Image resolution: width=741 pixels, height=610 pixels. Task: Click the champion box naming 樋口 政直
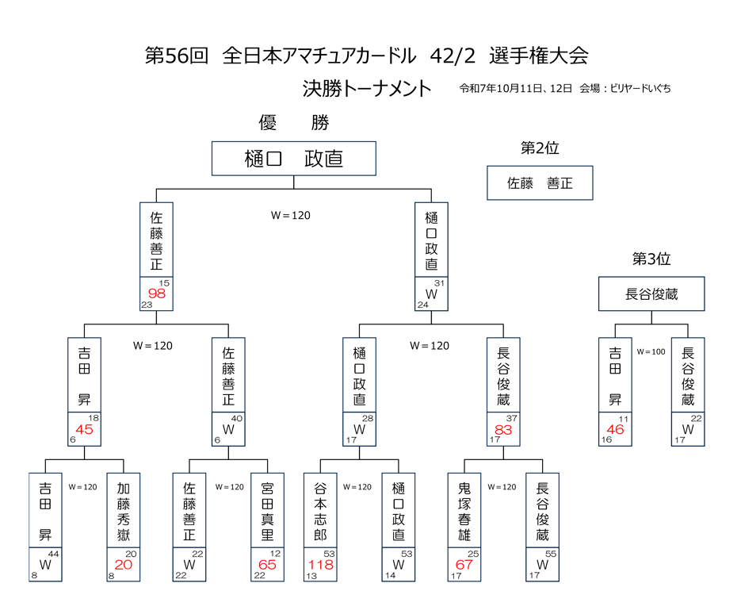tap(294, 159)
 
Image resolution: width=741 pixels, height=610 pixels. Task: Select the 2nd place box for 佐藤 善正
tap(540, 182)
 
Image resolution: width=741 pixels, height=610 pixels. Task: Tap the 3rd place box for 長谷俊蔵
tap(651, 294)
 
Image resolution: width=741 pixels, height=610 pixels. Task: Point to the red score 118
tap(320, 566)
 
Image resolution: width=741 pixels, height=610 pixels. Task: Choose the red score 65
tap(267, 566)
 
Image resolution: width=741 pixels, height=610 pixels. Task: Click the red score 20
tap(124, 566)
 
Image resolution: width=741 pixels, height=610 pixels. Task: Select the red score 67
tap(464, 566)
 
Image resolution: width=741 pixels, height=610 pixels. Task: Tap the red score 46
tap(615, 430)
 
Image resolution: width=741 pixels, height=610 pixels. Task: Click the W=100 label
tap(651, 350)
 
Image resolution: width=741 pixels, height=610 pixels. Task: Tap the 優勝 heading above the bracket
tap(294, 123)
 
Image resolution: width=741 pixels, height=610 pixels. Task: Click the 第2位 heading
tap(540, 148)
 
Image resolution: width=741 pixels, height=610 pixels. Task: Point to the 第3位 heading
tap(651, 259)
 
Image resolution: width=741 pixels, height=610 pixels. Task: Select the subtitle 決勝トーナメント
tap(367, 88)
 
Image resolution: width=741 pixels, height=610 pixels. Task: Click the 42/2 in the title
tap(453, 56)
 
